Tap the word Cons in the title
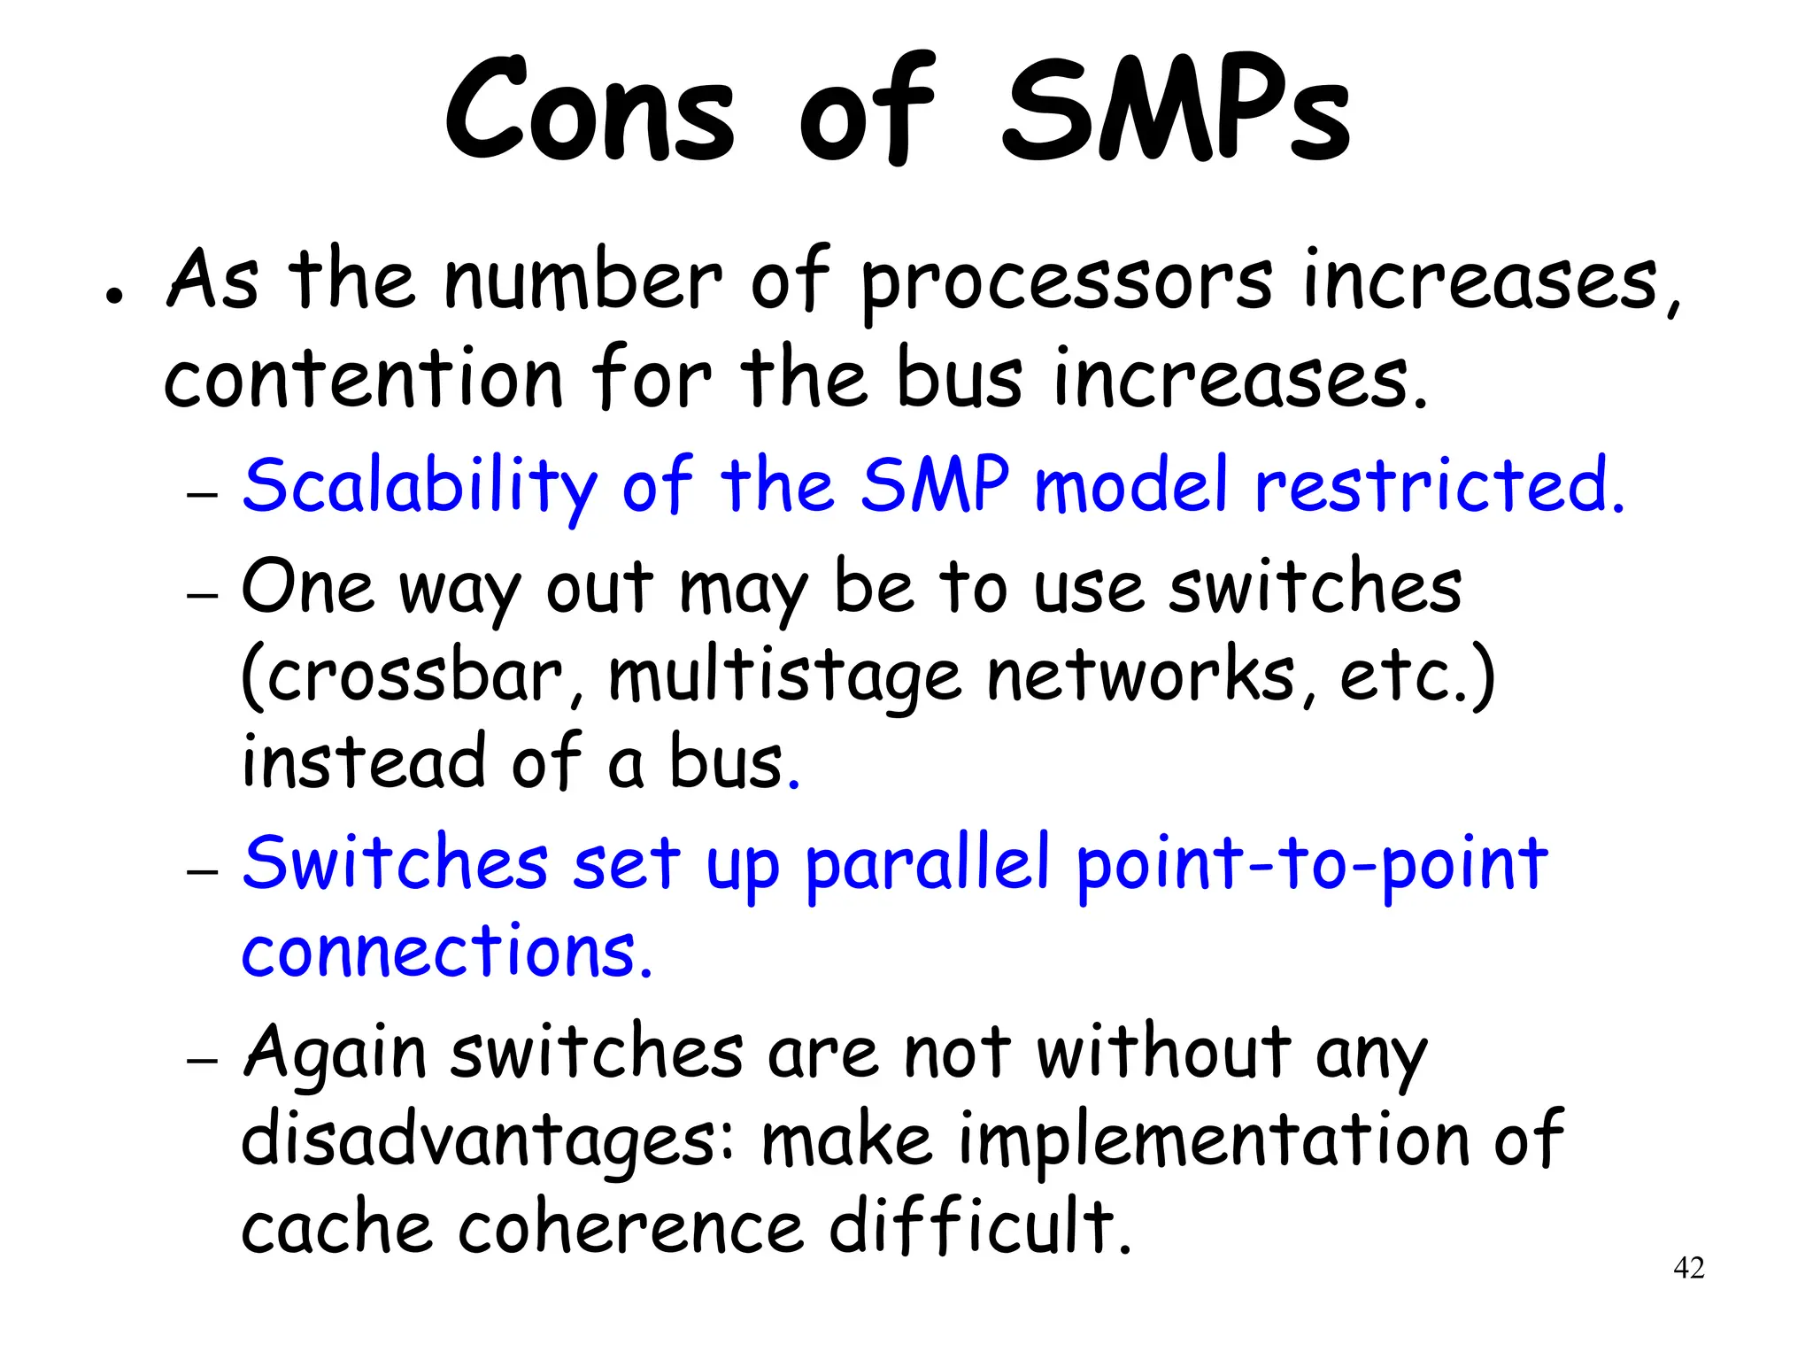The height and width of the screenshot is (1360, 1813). [x=590, y=111]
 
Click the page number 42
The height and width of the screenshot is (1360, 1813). [x=1688, y=1268]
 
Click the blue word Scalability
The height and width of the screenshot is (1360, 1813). [x=420, y=487]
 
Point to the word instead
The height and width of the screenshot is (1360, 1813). [x=363, y=763]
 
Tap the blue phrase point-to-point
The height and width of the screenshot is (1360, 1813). [x=1311, y=865]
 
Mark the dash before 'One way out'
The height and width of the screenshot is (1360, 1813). [x=203, y=595]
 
